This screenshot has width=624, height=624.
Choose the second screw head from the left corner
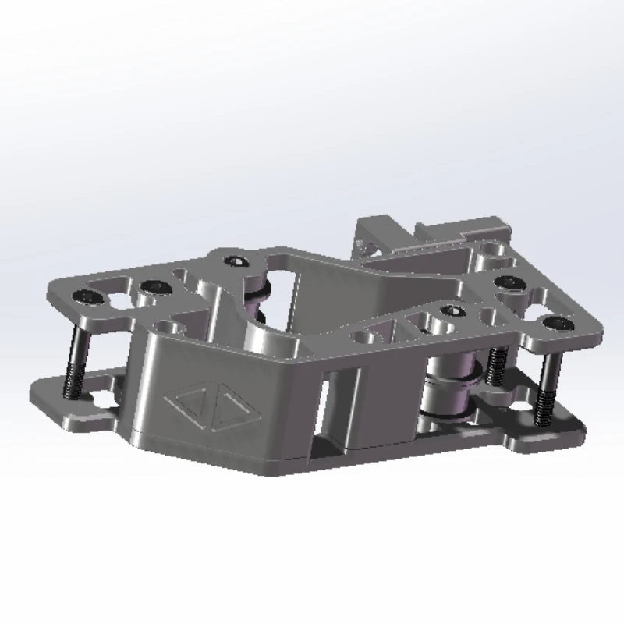tap(156, 289)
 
